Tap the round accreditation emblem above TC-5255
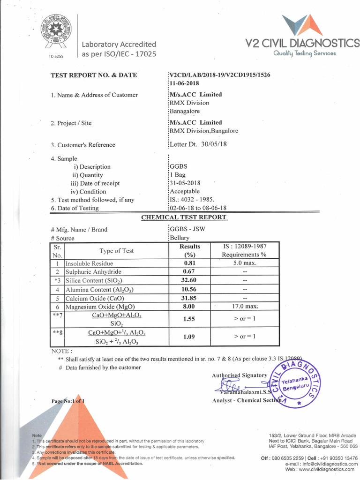[x=58, y=32]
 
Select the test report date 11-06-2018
[x=184, y=83]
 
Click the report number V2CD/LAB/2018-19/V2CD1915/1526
[x=220, y=75]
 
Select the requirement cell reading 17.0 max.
[x=245, y=307]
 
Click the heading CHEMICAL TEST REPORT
[x=184, y=217]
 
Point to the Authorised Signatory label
[x=240, y=375]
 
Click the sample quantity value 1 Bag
[x=178, y=175]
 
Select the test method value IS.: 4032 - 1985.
[x=192, y=199]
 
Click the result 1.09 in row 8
[x=189, y=337]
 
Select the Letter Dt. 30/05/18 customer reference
[x=198, y=144]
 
